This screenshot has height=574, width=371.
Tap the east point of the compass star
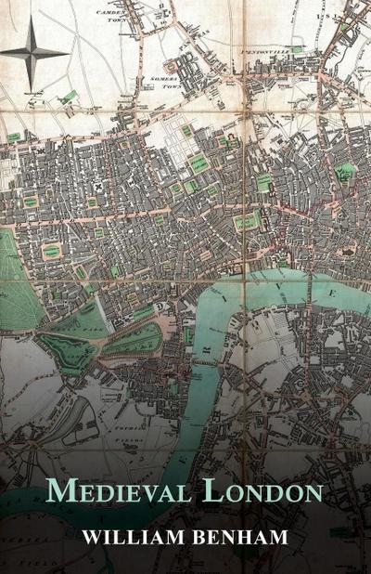pos(68,52)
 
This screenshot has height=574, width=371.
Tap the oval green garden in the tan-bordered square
pos(51,251)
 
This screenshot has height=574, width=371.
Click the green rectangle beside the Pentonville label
pos(296,49)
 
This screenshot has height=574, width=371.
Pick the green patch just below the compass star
pos(68,97)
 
